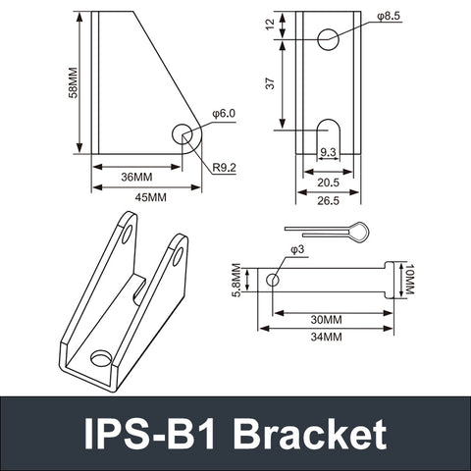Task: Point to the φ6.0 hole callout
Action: (223, 115)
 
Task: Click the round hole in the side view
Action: (183, 134)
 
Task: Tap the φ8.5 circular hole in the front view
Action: (329, 38)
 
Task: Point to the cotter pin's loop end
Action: (362, 233)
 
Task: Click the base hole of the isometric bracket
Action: (102, 358)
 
